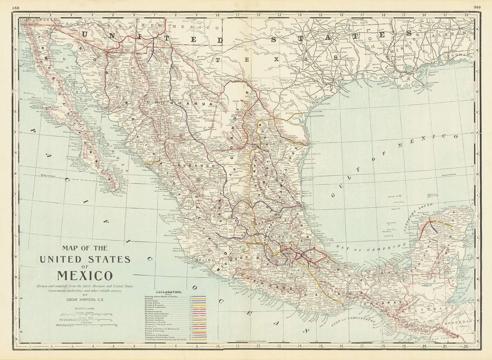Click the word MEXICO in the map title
pos(85,275)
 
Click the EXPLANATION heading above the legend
pos(169,292)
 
